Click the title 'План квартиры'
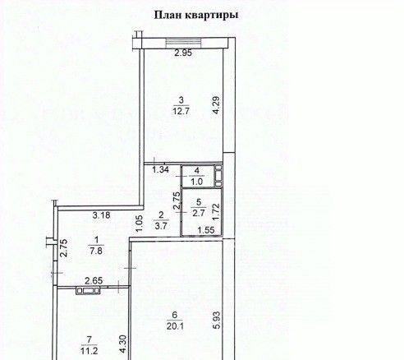(x=196, y=15)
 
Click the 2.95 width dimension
(x=183, y=53)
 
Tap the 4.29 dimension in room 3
(x=216, y=104)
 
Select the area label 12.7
(x=181, y=112)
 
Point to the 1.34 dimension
(x=160, y=169)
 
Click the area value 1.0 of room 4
(x=197, y=181)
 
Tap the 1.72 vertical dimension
(x=216, y=211)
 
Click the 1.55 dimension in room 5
(x=206, y=230)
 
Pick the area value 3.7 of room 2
(x=161, y=226)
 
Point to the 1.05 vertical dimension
(x=140, y=224)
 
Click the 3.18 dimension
(x=101, y=215)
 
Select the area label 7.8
(x=96, y=251)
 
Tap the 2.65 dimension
(x=94, y=281)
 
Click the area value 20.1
(x=175, y=326)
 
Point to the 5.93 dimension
(x=217, y=320)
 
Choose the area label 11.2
(x=90, y=351)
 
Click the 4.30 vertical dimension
(x=123, y=344)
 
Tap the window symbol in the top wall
(x=184, y=44)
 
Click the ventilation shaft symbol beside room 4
(x=218, y=176)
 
